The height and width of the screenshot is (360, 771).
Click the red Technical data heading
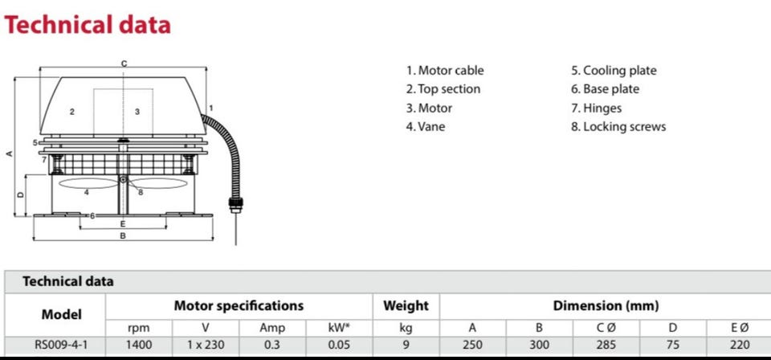point(87,25)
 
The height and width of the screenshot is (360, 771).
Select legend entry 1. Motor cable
point(445,71)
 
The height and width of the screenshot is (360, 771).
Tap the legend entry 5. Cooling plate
point(614,71)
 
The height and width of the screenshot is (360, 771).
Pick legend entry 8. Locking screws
point(618,126)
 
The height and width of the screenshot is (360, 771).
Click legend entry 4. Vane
point(426,126)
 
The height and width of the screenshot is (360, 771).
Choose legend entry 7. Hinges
point(597,108)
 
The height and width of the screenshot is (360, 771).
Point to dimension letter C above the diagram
point(124,63)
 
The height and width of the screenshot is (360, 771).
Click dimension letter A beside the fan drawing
point(9,154)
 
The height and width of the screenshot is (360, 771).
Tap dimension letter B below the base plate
point(123,235)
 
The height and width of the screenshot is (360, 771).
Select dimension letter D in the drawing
point(20,194)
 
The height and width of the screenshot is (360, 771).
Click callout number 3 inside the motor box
point(137,112)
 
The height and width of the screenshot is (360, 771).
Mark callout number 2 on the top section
point(71,112)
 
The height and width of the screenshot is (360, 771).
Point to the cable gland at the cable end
point(235,203)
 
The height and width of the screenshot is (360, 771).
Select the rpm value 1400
point(139,345)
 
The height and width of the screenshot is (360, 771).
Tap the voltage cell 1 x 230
point(206,345)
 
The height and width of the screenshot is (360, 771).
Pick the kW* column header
point(339,328)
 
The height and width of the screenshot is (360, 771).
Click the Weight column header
point(406,306)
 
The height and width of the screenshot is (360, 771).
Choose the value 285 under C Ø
point(606,345)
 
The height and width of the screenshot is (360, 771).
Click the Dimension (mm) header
point(606,306)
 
